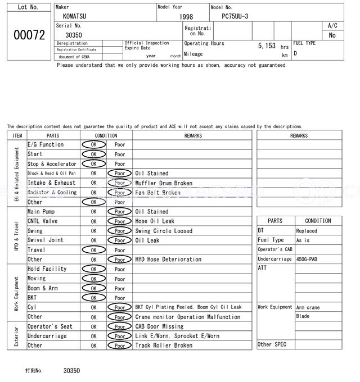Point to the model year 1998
click(186, 17)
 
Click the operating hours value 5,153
click(266, 46)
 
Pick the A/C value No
click(332, 35)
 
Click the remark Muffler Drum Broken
click(164, 183)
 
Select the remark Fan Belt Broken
click(157, 193)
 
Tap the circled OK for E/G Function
click(93, 145)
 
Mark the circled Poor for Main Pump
click(120, 212)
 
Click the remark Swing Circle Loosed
click(164, 231)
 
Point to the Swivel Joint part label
click(46, 240)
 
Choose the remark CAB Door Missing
click(159, 326)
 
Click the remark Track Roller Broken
click(164, 345)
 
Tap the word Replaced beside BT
click(307, 231)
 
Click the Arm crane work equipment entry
click(308, 307)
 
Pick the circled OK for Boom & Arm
click(93, 288)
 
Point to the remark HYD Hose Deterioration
click(168, 260)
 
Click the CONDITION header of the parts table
click(106, 135)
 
